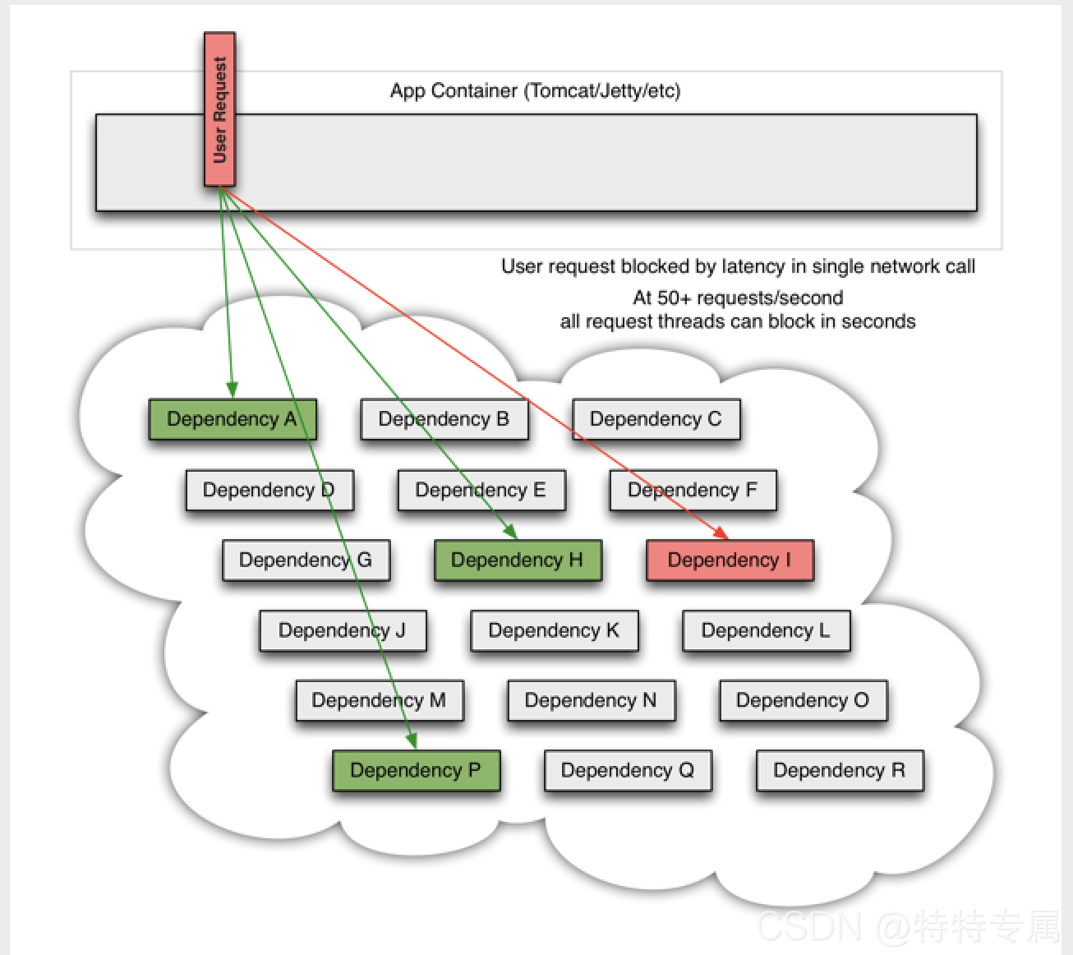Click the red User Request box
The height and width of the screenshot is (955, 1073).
[219, 109]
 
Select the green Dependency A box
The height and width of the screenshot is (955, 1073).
[232, 419]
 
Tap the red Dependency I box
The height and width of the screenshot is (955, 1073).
[730, 561]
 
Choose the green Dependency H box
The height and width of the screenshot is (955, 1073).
[518, 561]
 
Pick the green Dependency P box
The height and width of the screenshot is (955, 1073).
[416, 771]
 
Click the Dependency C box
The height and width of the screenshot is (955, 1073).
[656, 419]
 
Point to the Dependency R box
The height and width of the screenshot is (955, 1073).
[840, 771]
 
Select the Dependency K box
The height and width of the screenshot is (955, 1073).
[554, 630]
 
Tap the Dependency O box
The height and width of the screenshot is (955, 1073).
[803, 700]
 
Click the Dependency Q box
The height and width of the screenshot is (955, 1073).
[628, 771]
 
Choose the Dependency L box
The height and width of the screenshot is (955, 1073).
[766, 630]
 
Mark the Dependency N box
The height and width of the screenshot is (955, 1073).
[591, 700]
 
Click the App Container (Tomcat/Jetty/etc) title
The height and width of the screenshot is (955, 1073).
[536, 90]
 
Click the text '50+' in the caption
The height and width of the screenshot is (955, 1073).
[675, 298]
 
